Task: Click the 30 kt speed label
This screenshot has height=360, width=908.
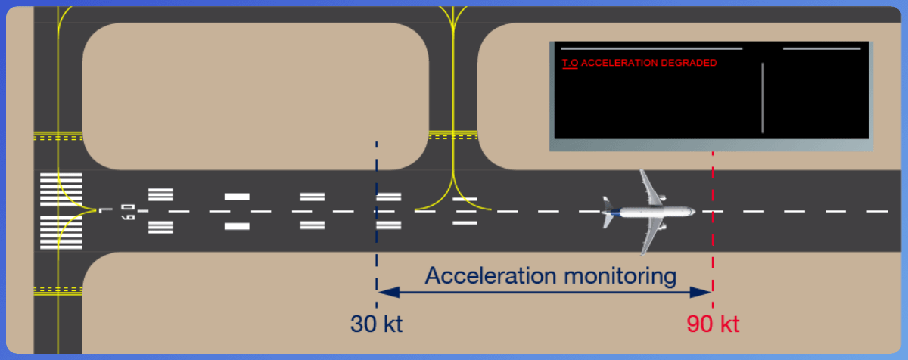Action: point(376,324)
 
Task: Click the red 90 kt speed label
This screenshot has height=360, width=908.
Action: point(713,324)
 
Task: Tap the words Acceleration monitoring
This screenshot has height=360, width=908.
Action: point(550,275)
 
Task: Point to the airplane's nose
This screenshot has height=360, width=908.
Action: point(692,212)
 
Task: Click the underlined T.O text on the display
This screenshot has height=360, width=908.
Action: point(571,64)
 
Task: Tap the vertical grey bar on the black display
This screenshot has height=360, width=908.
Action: point(763,98)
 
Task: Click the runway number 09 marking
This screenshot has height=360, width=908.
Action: point(129,211)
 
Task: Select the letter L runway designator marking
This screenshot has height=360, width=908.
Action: point(102,211)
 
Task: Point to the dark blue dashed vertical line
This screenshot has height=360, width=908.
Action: point(376,227)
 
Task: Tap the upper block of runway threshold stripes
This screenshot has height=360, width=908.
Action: point(61,188)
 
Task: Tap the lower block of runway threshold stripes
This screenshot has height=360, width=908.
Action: point(61,233)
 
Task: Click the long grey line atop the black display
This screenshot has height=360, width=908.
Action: point(651,48)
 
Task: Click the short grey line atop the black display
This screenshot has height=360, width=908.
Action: point(822,48)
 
